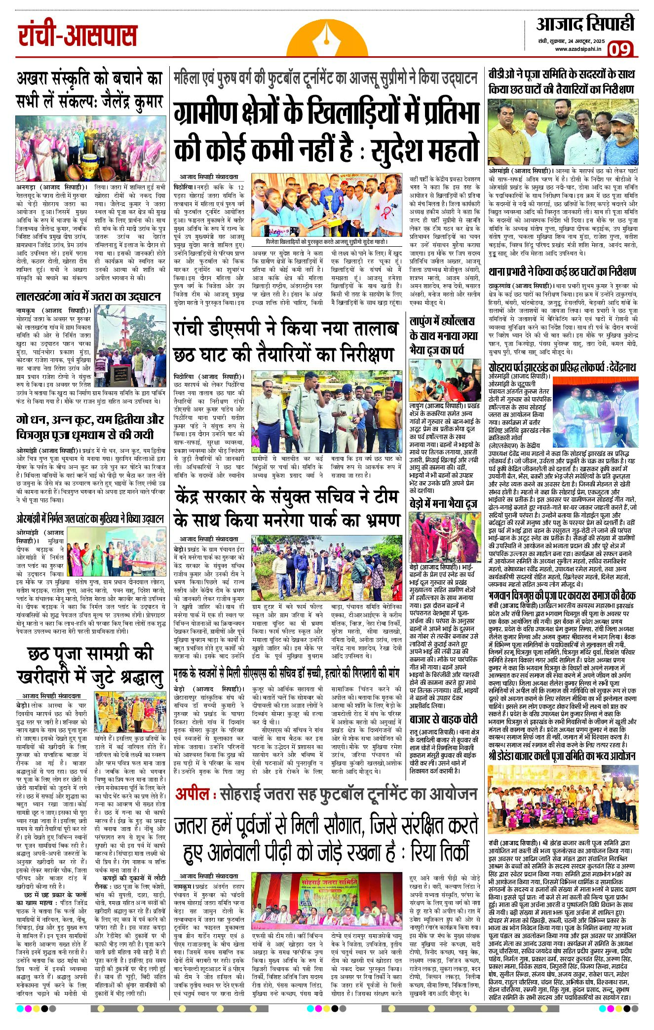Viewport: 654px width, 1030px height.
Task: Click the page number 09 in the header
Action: (620, 49)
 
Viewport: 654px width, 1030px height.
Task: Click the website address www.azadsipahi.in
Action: (578, 49)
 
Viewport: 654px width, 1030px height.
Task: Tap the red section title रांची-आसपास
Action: (77, 36)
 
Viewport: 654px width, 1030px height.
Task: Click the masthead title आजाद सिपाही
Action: (585, 24)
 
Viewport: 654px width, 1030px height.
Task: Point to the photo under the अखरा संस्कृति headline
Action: (90, 149)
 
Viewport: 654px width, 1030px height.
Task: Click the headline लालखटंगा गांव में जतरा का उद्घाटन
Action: (88, 296)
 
